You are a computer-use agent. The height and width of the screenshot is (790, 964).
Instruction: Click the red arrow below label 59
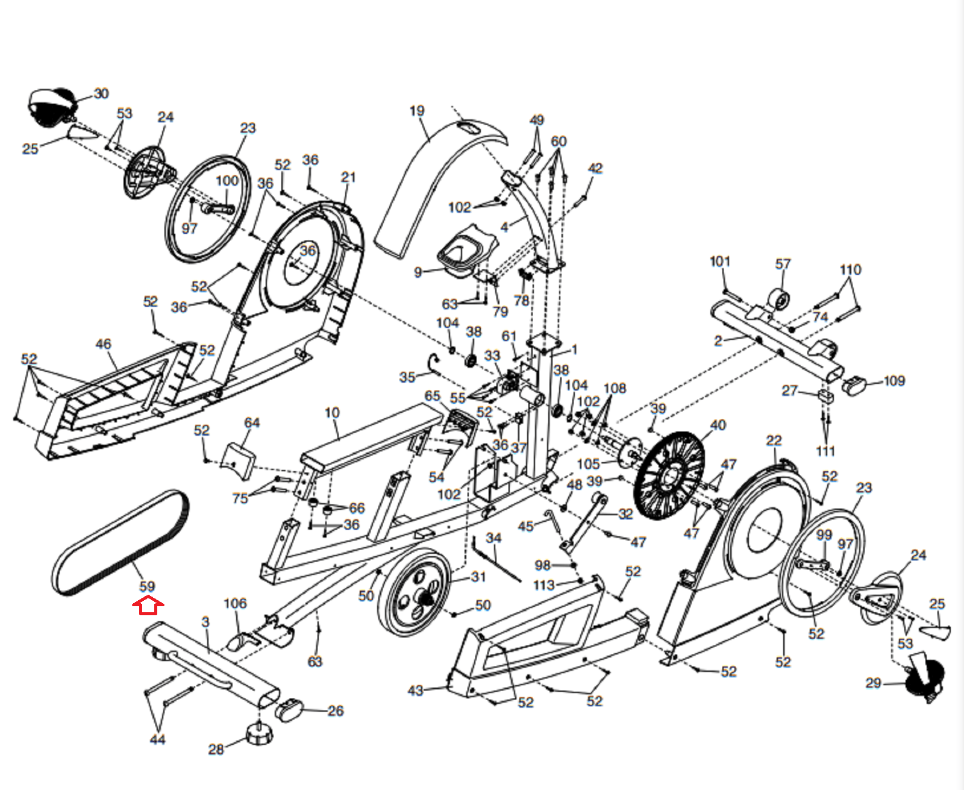click(148, 606)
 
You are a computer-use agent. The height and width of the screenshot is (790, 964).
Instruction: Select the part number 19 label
click(417, 111)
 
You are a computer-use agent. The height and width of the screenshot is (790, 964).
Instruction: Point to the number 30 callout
click(101, 94)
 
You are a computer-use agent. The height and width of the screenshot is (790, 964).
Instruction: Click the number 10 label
click(333, 413)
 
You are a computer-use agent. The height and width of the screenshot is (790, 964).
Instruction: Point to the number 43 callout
click(416, 691)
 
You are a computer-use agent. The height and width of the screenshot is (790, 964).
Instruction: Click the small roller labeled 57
click(780, 299)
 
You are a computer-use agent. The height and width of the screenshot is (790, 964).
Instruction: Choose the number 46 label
click(103, 344)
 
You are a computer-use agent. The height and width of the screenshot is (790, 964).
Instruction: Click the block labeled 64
click(237, 461)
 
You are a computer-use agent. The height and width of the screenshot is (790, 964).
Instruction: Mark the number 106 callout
click(235, 603)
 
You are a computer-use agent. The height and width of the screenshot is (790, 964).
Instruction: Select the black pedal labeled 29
click(924, 679)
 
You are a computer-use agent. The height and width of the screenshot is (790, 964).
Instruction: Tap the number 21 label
click(348, 177)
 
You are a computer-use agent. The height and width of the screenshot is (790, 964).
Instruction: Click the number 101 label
click(720, 262)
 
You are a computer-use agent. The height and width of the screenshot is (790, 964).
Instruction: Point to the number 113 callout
click(543, 585)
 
